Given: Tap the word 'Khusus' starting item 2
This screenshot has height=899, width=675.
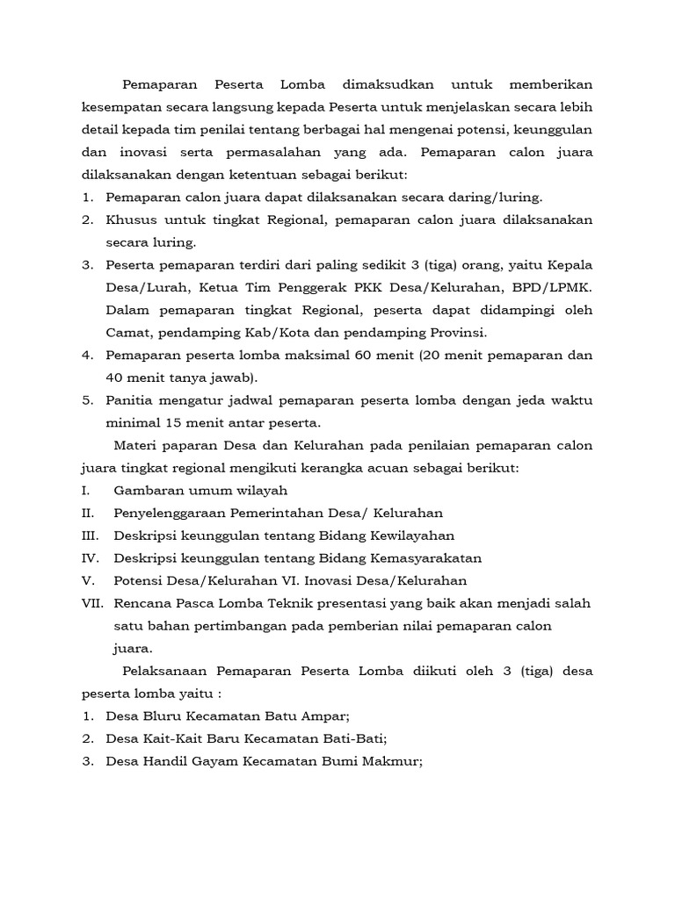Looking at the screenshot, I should pos(128,219).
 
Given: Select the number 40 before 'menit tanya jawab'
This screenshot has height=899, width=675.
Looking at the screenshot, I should pos(115,378).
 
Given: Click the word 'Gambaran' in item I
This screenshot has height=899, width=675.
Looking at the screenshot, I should pos(146,491).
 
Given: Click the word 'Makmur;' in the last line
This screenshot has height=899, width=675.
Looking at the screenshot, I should pos(396,762).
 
